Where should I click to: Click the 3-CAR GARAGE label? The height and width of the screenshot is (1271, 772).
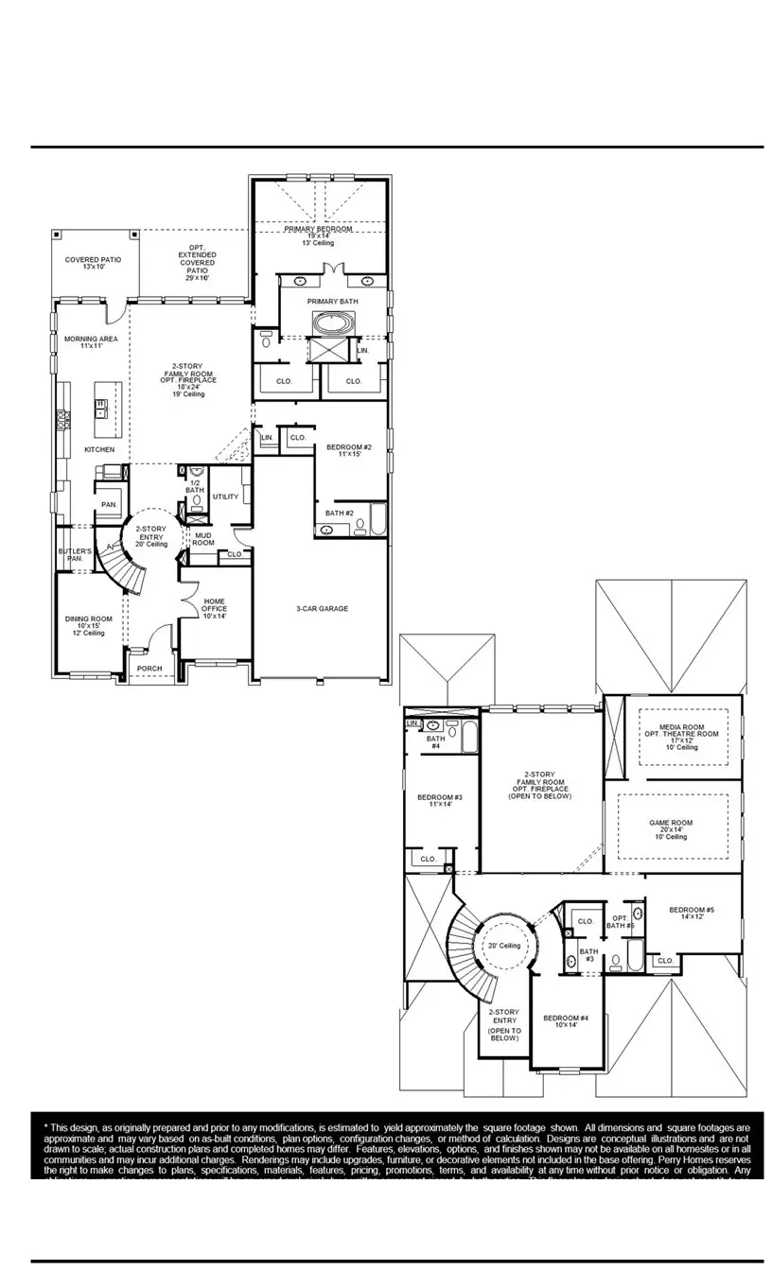[x=322, y=608]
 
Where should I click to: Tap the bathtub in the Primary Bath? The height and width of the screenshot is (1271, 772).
[x=332, y=322]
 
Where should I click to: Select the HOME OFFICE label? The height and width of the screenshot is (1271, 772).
[x=215, y=609]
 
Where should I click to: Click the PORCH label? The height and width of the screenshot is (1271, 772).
[x=149, y=669]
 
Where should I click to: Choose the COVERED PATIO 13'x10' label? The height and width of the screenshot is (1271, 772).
[x=93, y=263]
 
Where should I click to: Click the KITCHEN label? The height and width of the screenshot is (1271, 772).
[x=99, y=449]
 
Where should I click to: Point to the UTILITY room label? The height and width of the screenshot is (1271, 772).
[x=225, y=496]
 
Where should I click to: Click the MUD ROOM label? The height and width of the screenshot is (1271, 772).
[x=204, y=539]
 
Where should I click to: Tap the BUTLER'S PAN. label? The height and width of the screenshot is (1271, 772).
[x=75, y=554]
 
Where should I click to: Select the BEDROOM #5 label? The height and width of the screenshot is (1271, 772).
[x=691, y=913]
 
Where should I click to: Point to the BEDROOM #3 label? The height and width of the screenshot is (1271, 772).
[x=439, y=800]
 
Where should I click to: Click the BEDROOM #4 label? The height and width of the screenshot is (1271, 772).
[x=566, y=1021]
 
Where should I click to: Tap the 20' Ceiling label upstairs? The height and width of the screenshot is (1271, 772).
[x=504, y=946]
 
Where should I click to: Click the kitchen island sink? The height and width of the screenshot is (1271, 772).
[x=99, y=408]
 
